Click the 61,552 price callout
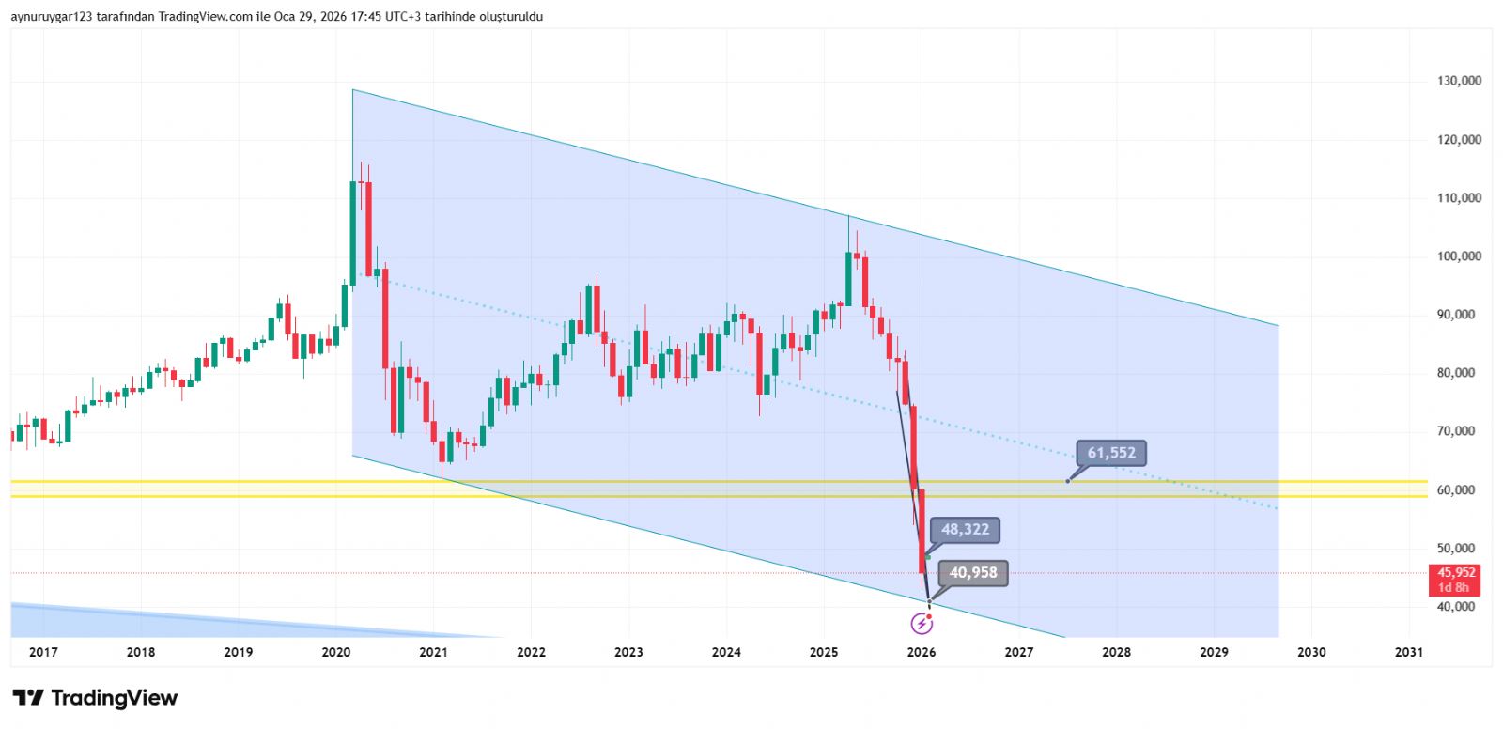[1111, 453]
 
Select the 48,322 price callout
[965, 530]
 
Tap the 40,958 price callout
[972, 573]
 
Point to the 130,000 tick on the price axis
[1459, 81]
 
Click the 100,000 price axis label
[1459, 256]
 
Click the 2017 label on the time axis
[43, 652]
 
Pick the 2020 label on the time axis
[335, 652]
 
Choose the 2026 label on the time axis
[922, 652]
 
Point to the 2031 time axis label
[1408, 652]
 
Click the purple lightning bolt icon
[922, 623]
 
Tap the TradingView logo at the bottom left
[95, 698]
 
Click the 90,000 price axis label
[1459, 315]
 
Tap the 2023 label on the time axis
[628, 652]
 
